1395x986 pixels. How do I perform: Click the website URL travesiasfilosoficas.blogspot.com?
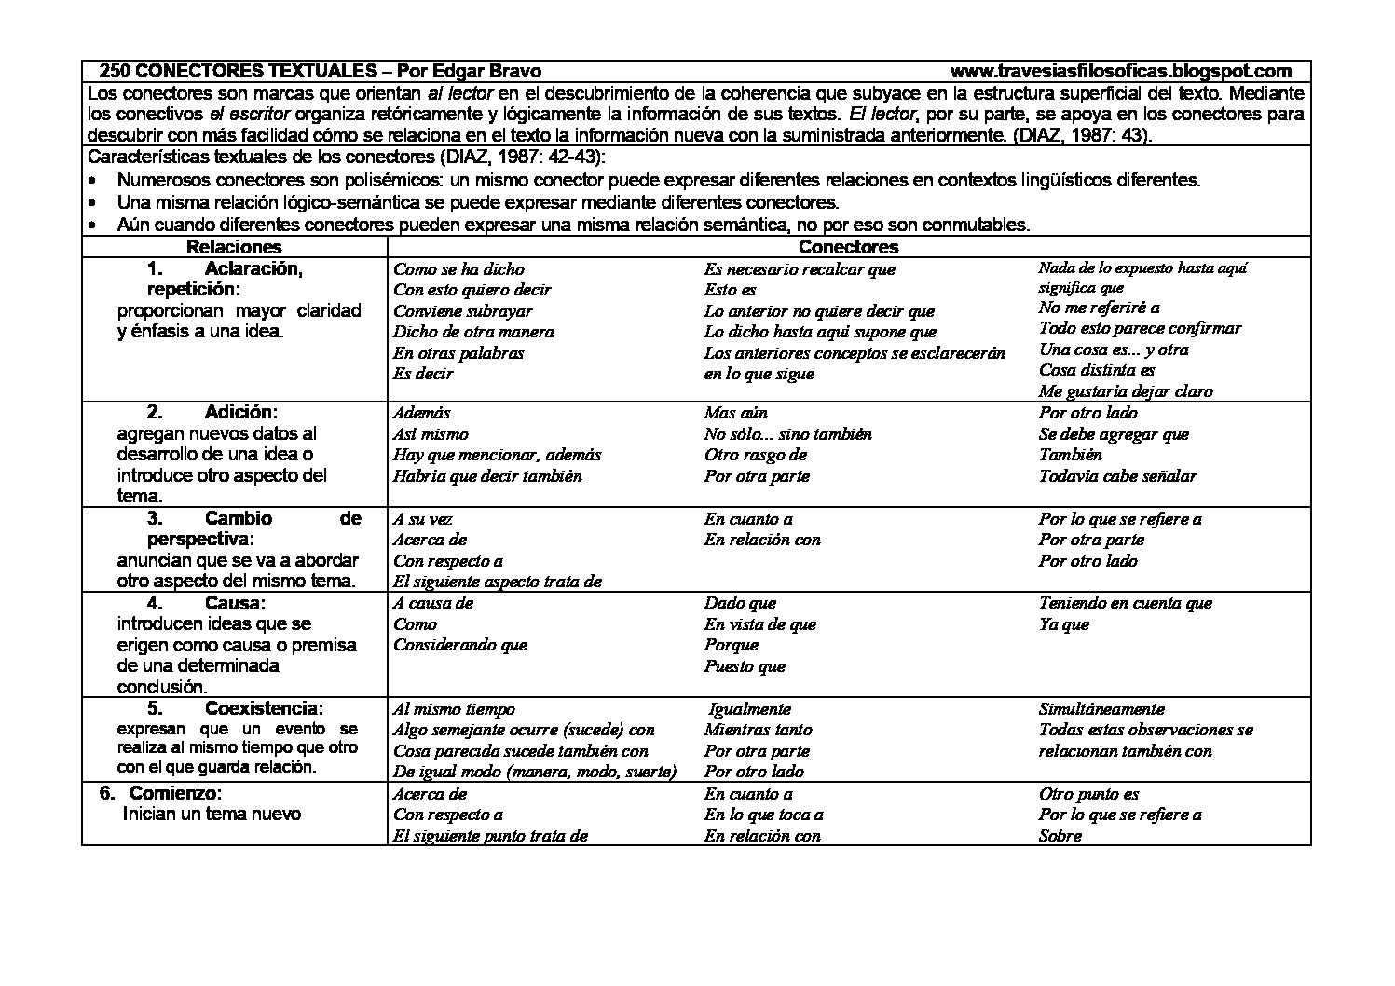pyautogui.click(x=1121, y=71)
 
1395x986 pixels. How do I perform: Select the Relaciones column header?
pyautogui.click(x=234, y=247)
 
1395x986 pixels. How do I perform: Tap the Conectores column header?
pyautogui.click(x=848, y=247)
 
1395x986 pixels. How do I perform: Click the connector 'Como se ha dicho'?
pyautogui.click(x=458, y=269)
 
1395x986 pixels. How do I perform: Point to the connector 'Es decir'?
pyautogui.click(x=423, y=374)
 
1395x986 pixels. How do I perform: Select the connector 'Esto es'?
pyautogui.click(x=730, y=290)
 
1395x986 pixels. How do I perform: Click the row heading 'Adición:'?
pyautogui.click(x=240, y=412)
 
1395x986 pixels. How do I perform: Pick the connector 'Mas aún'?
pyautogui.click(x=735, y=413)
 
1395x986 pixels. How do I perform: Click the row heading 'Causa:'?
pyautogui.click(x=235, y=603)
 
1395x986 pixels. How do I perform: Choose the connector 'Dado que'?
pyautogui.click(x=740, y=603)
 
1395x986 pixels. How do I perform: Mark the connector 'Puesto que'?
pyautogui.click(x=745, y=666)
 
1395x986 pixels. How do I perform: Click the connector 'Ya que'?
pyautogui.click(x=1063, y=624)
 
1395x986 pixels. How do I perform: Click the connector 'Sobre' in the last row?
pyautogui.click(x=1060, y=836)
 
